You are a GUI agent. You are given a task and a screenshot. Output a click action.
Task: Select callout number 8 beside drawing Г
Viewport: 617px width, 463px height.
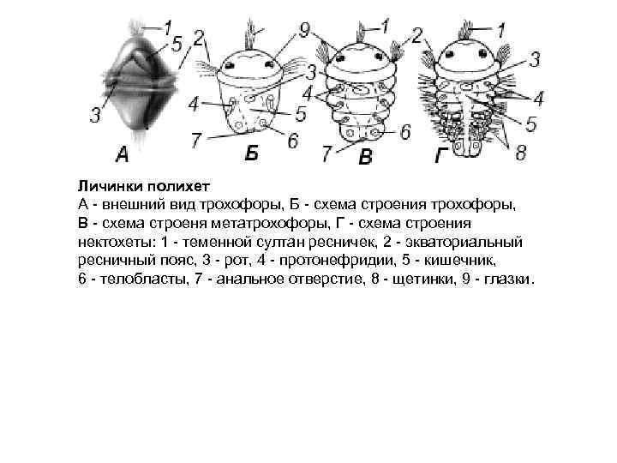point(520,152)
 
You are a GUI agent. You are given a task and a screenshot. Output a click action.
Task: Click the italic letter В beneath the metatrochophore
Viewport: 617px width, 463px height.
point(366,157)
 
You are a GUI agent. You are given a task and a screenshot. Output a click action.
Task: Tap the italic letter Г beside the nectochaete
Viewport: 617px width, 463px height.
point(440,156)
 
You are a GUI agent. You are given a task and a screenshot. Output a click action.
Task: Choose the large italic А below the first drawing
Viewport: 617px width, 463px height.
point(123,155)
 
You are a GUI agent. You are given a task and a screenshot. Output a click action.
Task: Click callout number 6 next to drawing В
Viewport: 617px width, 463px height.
point(406,131)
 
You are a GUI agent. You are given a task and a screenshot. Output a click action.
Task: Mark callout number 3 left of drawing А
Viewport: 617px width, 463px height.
point(94,114)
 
